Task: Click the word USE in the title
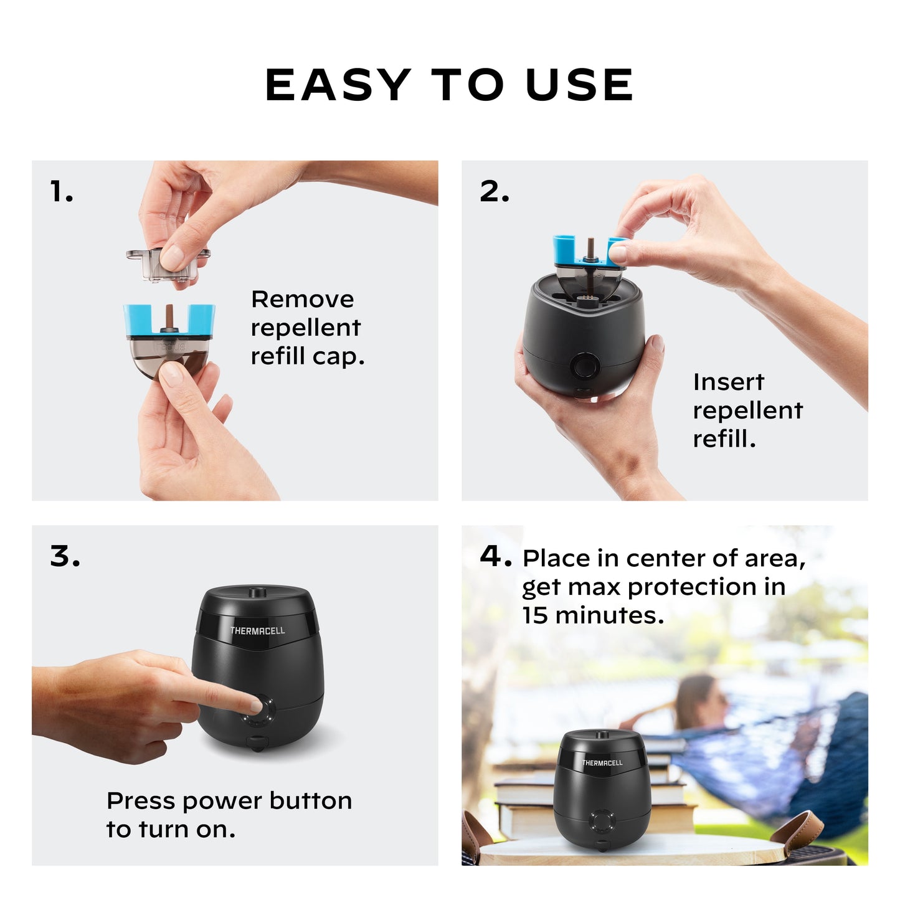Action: pos(579,85)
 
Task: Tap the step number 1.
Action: pos(61,192)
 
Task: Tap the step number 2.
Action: pos(494,192)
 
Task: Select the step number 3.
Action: pos(65,556)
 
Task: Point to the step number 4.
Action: pos(495,556)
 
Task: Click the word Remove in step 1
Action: pos(302,299)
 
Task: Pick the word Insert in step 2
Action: pos(728,382)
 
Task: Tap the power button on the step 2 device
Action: pos(585,365)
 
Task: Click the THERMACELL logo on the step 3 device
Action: pos(257,630)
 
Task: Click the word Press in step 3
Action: pos(141,801)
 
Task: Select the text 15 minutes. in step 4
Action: pos(593,615)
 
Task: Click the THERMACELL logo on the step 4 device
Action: pos(602,762)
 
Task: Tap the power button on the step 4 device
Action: pos(602,821)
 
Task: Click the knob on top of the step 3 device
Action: pos(255,592)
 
